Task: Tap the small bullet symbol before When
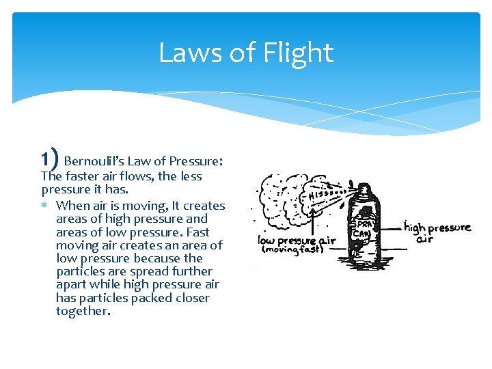tap(46, 206)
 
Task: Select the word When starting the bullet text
tap(72, 206)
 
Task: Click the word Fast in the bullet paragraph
tap(195, 232)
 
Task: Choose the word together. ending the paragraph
tap(83, 311)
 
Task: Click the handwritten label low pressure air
tap(297, 241)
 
